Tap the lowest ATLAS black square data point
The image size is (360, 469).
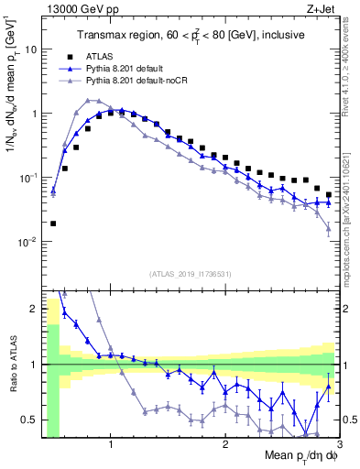(x=53, y=223)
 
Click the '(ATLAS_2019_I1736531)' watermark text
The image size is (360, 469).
(x=189, y=274)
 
